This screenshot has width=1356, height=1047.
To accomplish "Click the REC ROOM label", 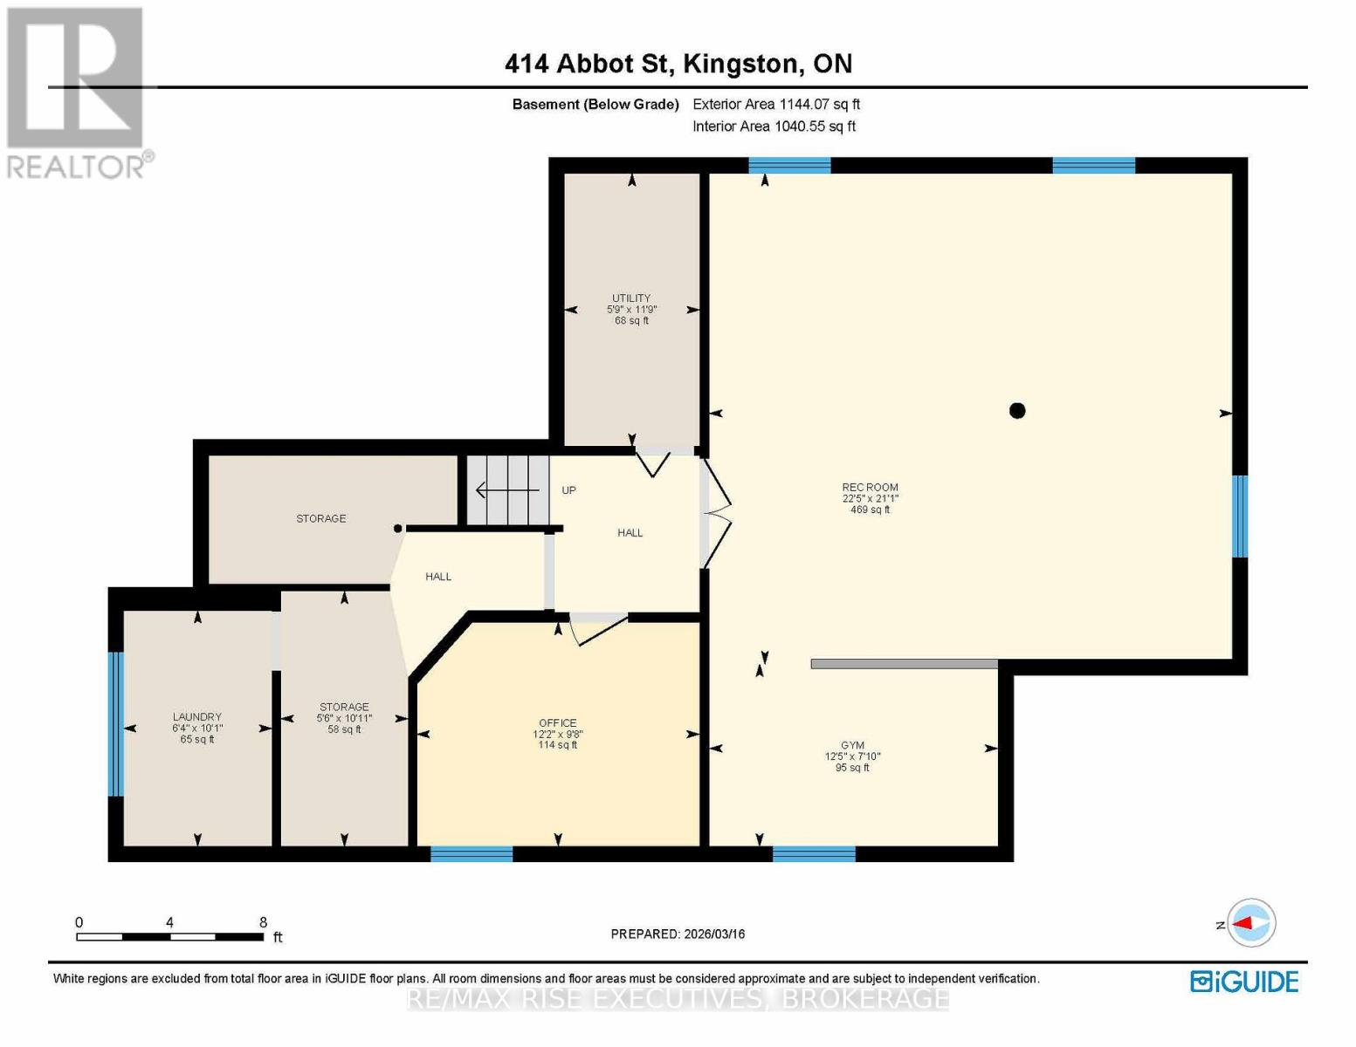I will pyautogui.click(x=870, y=488).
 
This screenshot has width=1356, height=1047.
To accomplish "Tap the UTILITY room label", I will pyautogui.click(x=631, y=298).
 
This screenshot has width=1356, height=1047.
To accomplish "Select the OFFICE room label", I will pyautogui.click(x=558, y=722).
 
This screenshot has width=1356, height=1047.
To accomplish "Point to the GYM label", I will pyautogui.click(x=852, y=745).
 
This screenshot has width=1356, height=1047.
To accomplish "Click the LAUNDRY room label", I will pyautogui.click(x=197, y=717).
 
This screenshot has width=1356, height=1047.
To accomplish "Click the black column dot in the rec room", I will pyautogui.click(x=1017, y=411).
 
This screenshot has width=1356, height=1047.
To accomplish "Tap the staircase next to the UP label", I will pyautogui.click(x=506, y=491).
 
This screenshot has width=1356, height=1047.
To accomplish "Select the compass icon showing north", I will pyautogui.click(x=1251, y=923).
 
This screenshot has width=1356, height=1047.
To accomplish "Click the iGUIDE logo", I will pyautogui.click(x=1244, y=982).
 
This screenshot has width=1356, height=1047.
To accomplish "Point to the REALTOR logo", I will pyautogui.click(x=77, y=92).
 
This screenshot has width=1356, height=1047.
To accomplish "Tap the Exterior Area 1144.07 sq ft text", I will pyautogui.click(x=776, y=104).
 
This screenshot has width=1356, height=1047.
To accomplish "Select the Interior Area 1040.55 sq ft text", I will pyautogui.click(x=774, y=127).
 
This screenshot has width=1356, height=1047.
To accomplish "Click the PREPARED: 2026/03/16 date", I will pyautogui.click(x=678, y=934).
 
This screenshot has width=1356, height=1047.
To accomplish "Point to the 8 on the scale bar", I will pyautogui.click(x=263, y=922).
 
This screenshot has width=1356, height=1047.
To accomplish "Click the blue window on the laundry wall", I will pyautogui.click(x=115, y=724).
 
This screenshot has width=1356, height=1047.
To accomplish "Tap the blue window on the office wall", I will pyautogui.click(x=472, y=854).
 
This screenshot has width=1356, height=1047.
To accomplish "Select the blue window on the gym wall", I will pyautogui.click(x=814, y=854).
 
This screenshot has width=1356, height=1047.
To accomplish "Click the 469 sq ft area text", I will pyautogui.click(x=870, y=510).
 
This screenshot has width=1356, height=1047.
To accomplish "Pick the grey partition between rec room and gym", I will pyautogui.click(x=904, y=664).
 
